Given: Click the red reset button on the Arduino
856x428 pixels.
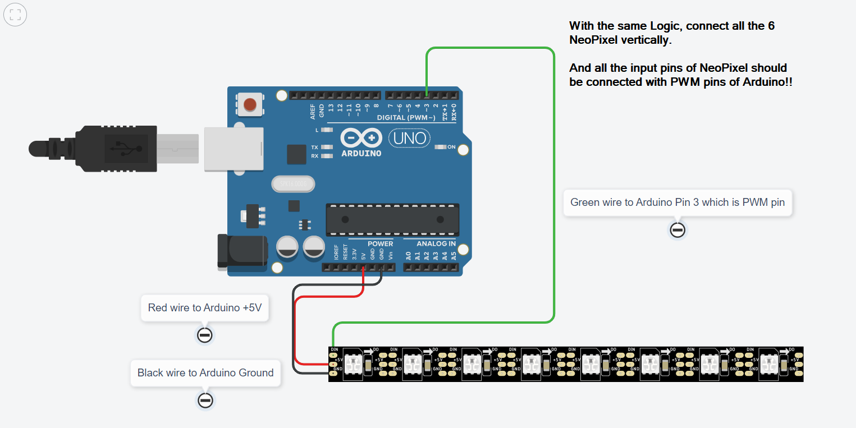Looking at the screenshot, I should [x=249, y=104].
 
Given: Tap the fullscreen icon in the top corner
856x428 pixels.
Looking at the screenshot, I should [x=15, y=15].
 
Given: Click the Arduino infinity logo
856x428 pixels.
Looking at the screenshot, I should [x=361, y=138].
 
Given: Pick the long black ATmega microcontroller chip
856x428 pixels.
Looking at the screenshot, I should [x=392, y=219].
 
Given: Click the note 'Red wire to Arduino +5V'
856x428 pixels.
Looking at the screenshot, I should [x=205, y=307].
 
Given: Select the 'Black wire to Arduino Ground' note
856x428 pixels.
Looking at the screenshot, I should [x=205, y=372].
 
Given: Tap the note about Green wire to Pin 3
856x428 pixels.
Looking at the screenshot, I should [x=678, y=202].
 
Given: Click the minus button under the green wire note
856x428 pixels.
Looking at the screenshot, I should [x=678, y=230].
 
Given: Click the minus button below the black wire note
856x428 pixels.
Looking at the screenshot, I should [x=205, y=401].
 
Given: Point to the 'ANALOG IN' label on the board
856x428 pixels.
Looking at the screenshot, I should [x=436, y=244].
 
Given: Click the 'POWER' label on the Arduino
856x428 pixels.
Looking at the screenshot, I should [x=380, y=244].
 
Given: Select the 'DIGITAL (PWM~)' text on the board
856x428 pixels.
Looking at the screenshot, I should [x=406, y=118].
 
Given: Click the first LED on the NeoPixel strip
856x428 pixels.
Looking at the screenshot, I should [x=353, y=365].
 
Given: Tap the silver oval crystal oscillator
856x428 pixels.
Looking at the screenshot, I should [x=292, y=184].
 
